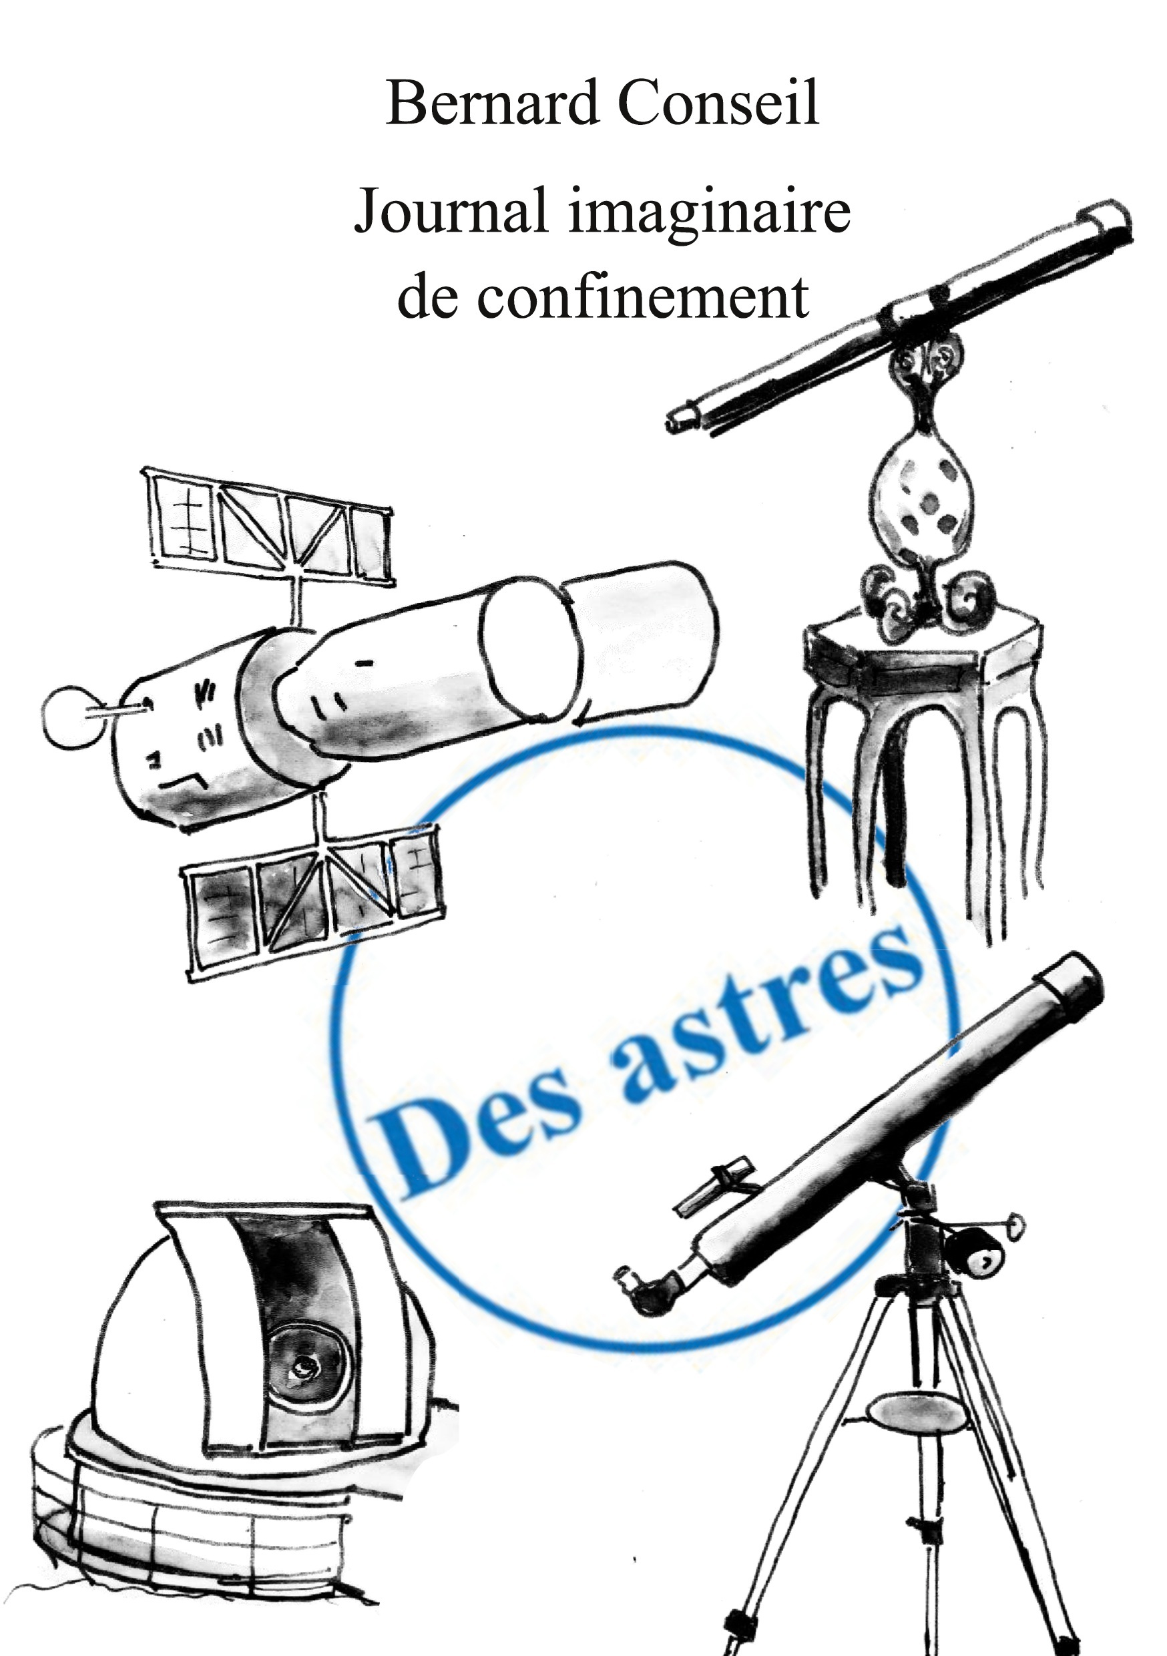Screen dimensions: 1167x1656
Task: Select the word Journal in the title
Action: click(450, 214)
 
